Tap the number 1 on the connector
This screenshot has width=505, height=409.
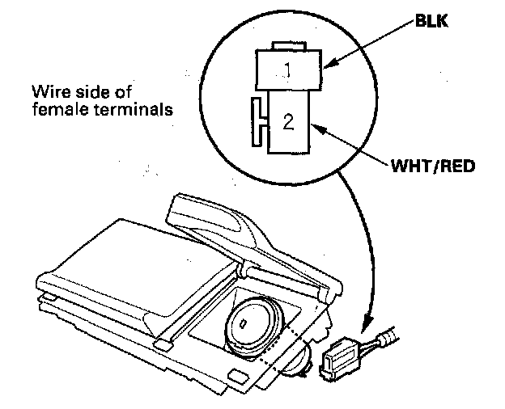[286, 70]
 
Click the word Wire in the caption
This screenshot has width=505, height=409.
[45, 90]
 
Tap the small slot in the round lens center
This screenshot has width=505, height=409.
[243, 324]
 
